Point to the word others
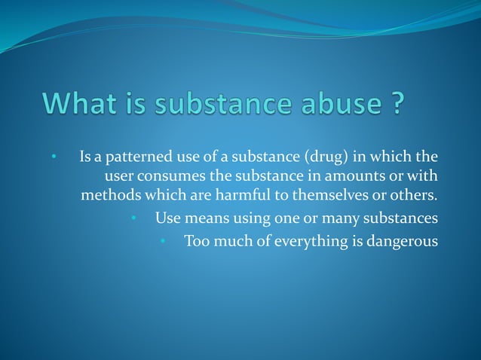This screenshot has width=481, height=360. click(413, 197)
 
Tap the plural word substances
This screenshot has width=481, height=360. click(401, 219)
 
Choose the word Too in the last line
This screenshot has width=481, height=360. click(196, 242)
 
